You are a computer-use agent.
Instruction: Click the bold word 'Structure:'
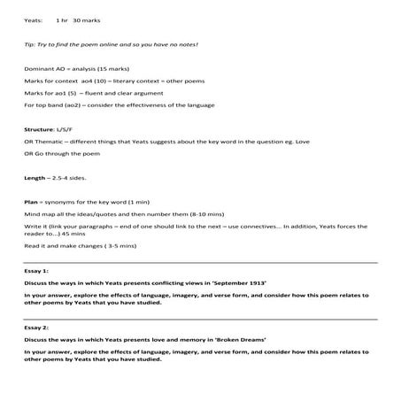pyautogui.click(x=41, y=130)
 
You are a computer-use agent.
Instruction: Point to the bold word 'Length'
pyautogui.click(x=35, y=178)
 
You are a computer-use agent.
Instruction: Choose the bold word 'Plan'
pyautogui.click(x=31, y=202)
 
